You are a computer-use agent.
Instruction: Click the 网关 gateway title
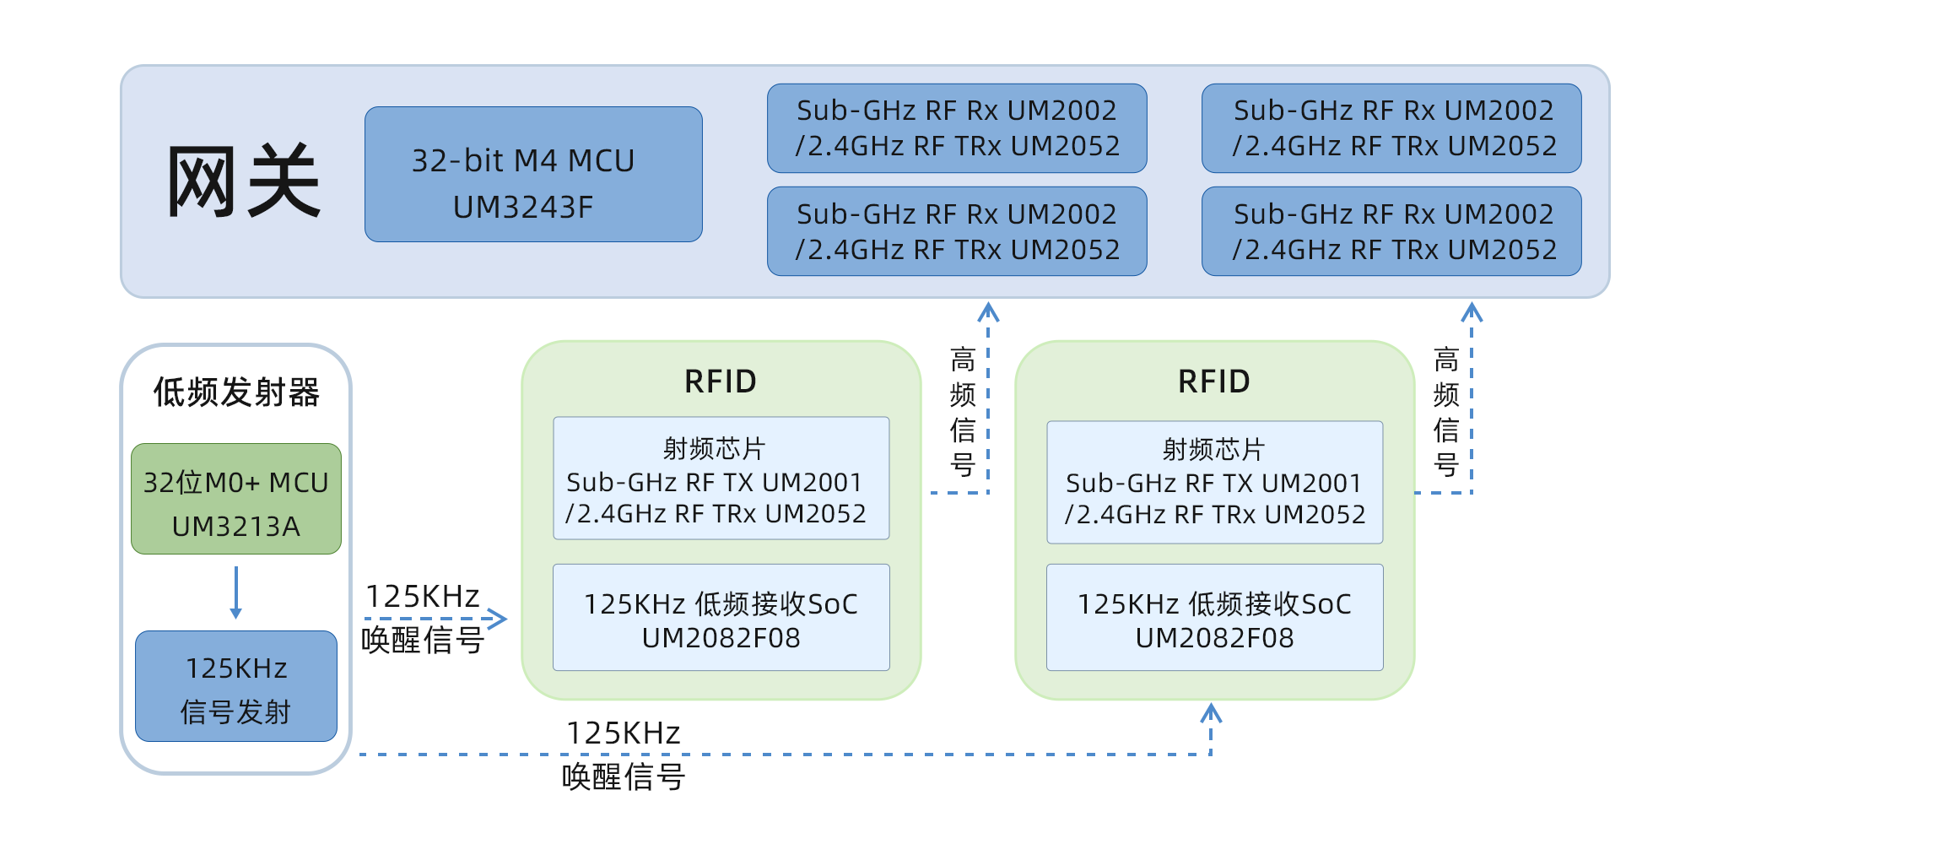(243, 181)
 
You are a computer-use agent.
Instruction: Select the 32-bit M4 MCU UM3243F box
(533, 175)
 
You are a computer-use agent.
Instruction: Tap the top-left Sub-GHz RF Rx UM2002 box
(957, 128)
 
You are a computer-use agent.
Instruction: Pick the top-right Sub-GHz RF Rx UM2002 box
(1391, 128)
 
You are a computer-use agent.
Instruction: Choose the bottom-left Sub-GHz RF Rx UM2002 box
(957, 231)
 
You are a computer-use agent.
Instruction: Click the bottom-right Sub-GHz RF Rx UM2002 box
(1391, 231)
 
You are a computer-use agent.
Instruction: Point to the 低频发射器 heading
(236, 392)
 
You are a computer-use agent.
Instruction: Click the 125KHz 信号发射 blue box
(236, 686)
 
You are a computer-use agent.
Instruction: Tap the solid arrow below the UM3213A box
(236, 592)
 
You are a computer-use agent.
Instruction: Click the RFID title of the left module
(721, 381)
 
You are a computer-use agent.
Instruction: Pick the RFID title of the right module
(1214, 381)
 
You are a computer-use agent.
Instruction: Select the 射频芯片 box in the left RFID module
(721, 479)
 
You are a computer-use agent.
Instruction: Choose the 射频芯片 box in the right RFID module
(1215, 482)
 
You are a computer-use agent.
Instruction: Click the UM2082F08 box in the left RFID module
(721, 618)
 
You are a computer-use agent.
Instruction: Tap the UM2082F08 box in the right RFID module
(1215, 618)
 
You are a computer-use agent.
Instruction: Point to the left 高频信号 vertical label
(963, 412)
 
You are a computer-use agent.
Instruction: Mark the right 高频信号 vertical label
(1446, 412)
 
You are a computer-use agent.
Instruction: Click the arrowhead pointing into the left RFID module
(498, 619)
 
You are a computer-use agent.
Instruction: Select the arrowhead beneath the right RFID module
(1212, 713)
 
